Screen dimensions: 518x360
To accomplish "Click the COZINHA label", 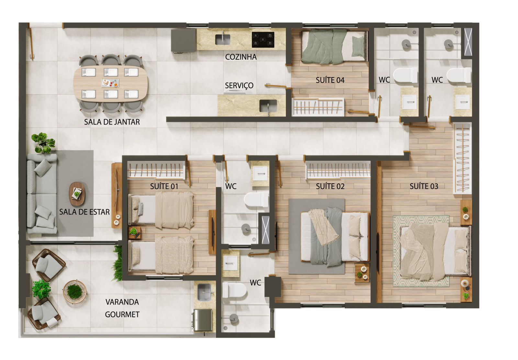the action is pos(241,57).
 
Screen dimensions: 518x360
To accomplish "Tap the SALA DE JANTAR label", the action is pos(112,122).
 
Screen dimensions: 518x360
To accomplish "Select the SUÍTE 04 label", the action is pos(330,80).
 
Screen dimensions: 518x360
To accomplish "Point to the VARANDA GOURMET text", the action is pos(122,308).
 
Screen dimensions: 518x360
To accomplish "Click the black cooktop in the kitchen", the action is pos(263,40).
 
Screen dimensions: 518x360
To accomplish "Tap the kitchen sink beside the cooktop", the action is pos(223,39).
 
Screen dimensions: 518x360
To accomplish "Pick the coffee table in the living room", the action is pos(77,194).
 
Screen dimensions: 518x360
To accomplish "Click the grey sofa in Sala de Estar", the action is pos(42,193).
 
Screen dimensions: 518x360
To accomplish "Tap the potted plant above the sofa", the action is pos(43,143).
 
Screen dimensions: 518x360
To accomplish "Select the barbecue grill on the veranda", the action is pos(202,320).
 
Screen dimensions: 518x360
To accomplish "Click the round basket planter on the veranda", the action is pos(75,292).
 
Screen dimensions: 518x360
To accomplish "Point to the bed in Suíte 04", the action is pos(334,47).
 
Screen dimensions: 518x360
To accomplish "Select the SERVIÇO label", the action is pos(239,86).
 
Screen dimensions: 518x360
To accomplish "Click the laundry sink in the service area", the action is pos(268,106).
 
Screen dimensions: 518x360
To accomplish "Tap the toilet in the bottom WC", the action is pos(234,290).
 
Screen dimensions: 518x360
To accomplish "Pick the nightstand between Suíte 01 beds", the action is pos(134,233).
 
